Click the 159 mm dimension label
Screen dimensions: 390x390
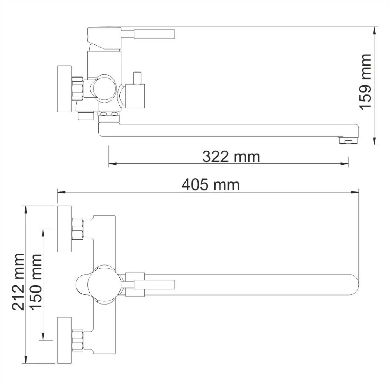pos(365,82)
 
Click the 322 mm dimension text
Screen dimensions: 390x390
pos(231,157)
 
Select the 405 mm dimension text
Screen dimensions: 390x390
pos(211,185)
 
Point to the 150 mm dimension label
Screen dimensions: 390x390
pos(36,281)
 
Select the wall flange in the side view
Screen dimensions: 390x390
pos(64,89)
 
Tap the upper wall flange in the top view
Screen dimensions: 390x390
pos(65,228)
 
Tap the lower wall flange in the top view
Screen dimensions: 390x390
pos(65,340)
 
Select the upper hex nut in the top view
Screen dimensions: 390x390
pos(78,228)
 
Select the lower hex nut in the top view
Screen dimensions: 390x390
pos(78,340)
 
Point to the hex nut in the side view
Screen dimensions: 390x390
pos(78,88)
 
